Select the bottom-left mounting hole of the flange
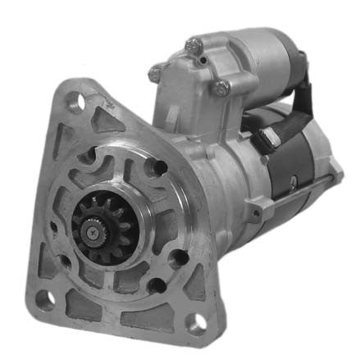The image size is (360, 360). point(44,298)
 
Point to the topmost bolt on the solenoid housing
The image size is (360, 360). point(193,48)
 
